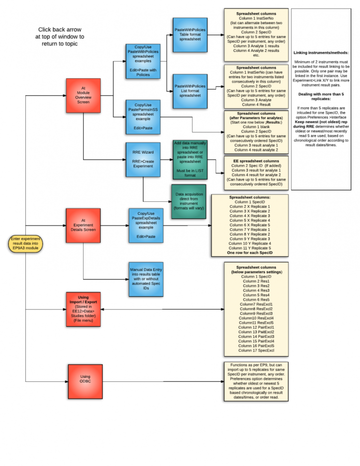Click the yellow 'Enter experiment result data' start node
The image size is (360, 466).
point(26,244)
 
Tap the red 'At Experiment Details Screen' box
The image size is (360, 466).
point(83,225)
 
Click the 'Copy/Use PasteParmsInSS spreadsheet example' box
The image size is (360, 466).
point(143,117)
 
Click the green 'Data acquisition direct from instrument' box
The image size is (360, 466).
point(189,201)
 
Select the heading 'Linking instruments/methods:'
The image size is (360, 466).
point(321,52)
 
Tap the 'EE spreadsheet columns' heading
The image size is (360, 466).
point(255,160)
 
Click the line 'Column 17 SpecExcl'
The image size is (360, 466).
point(255,350)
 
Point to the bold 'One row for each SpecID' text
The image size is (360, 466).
point(250,252)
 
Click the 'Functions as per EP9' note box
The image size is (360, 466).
point(255,381)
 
